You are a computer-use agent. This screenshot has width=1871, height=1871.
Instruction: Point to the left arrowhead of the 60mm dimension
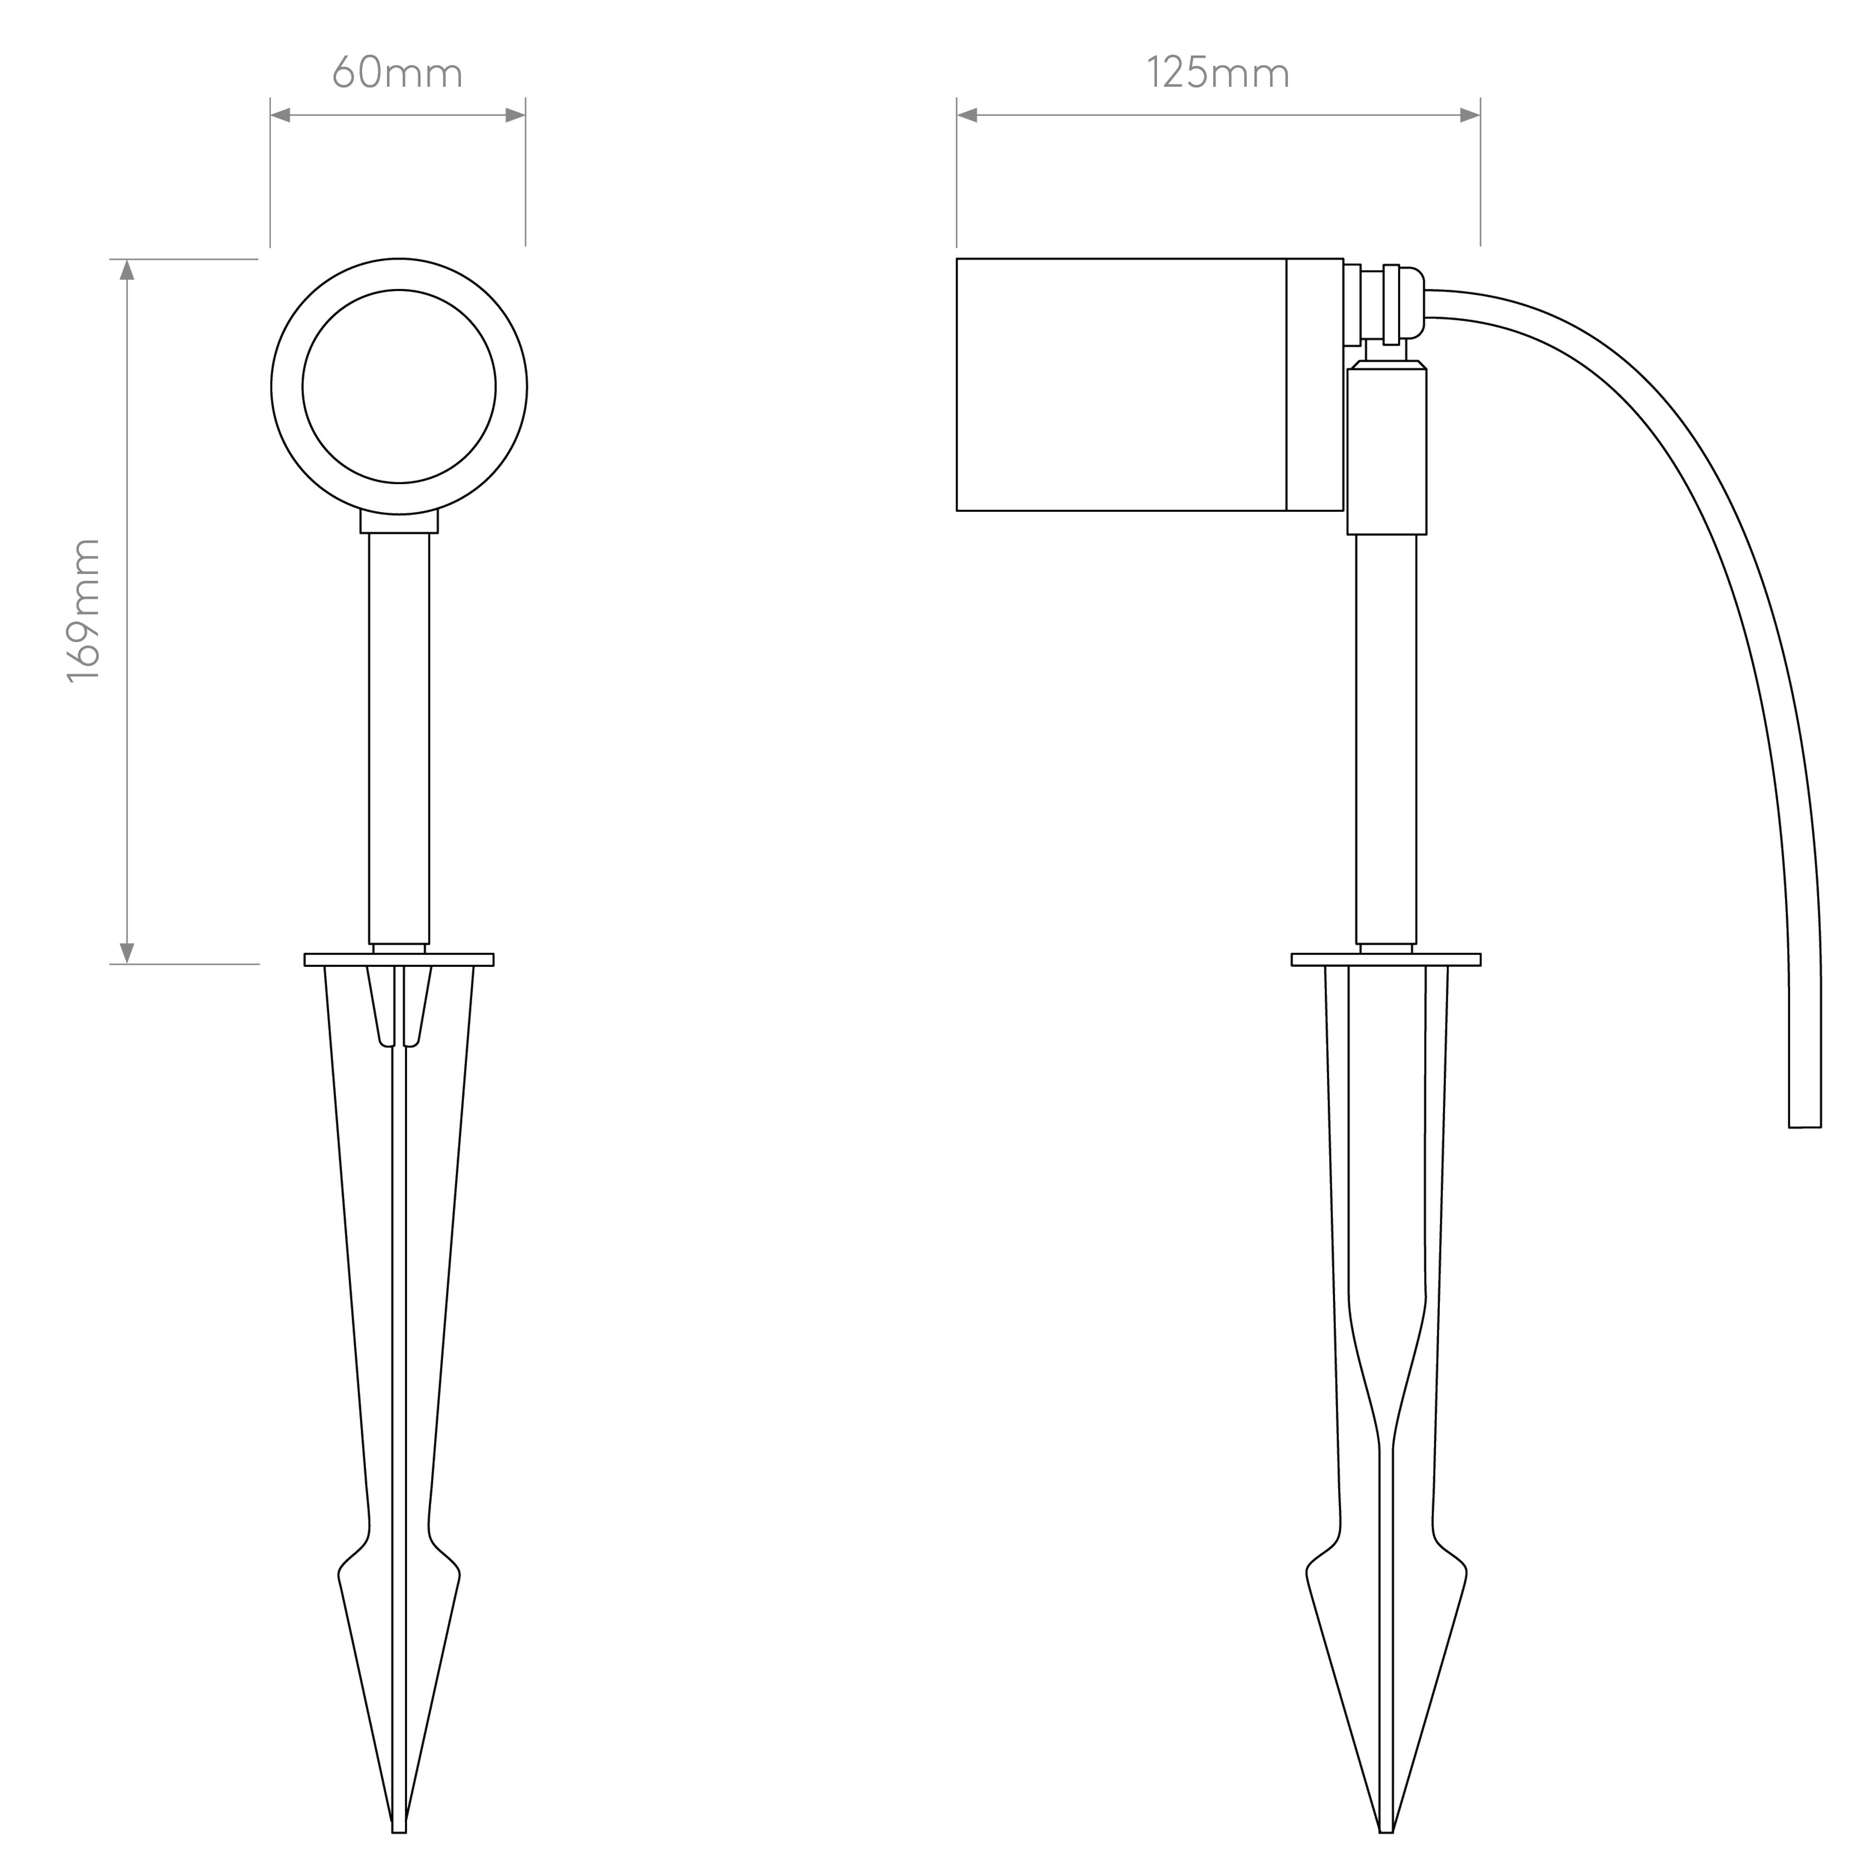coord(280,115)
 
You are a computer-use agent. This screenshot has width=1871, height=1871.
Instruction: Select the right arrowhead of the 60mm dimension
coord(515,115)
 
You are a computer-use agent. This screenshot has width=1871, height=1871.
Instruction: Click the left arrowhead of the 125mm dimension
coord(966,115)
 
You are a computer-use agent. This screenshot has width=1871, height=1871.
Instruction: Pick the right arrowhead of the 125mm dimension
coord(1470,115)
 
